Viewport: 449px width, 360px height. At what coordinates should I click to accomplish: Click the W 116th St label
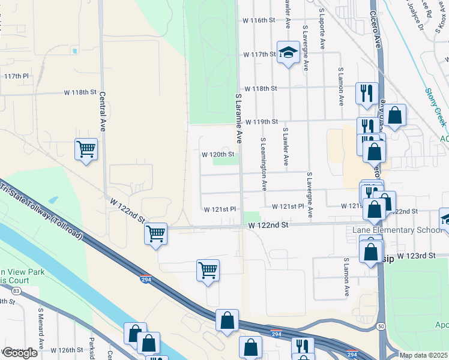click(x=258, y=20)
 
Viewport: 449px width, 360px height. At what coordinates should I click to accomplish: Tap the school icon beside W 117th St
click(x=289, y=53)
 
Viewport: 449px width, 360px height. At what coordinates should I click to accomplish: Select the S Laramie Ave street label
click(x=238, y=118)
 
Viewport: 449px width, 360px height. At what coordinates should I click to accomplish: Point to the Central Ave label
click(x=103, y=112)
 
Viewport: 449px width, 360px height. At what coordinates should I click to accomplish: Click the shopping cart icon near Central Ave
click(x=86, y=149)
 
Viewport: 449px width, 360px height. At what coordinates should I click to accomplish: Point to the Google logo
click(x=20, y=353)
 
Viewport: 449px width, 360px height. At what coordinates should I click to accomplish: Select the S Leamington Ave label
click(x=263, y=164)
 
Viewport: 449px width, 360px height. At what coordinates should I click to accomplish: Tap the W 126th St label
click(x=66, y=350)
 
